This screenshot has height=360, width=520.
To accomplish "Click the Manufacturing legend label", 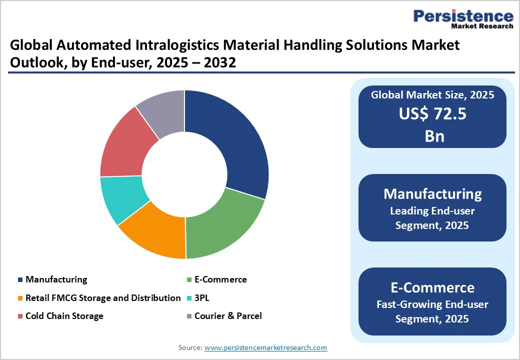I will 56,279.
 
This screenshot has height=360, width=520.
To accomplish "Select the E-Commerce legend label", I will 220,279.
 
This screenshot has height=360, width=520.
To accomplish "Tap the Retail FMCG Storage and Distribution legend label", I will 103,298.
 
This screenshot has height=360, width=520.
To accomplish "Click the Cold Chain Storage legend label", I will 64,316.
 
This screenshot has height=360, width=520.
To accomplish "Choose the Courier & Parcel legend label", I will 228,316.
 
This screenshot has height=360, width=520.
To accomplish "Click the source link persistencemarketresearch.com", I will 265,347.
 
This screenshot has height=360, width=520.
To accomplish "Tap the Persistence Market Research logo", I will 463,19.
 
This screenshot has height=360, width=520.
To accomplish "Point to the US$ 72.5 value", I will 432,114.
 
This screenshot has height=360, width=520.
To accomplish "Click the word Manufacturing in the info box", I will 432,194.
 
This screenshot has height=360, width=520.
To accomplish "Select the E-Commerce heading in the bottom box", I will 432,287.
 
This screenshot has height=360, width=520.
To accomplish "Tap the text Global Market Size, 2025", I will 432,95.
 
